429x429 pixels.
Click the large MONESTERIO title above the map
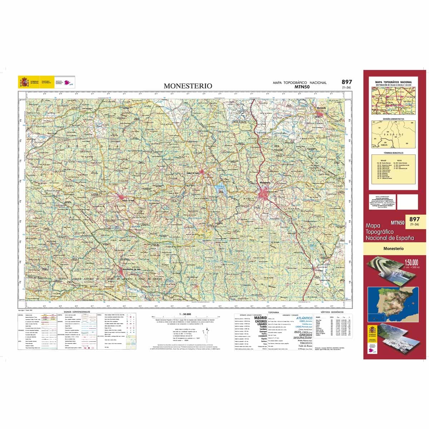[188, 86]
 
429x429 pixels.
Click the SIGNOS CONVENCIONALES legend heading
[77, 312]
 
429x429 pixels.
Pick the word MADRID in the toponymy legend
[260, 317]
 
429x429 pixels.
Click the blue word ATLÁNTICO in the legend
[304, 318]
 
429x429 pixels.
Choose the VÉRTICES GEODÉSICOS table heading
[332, 312]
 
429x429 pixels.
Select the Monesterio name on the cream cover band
[393, 248]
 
